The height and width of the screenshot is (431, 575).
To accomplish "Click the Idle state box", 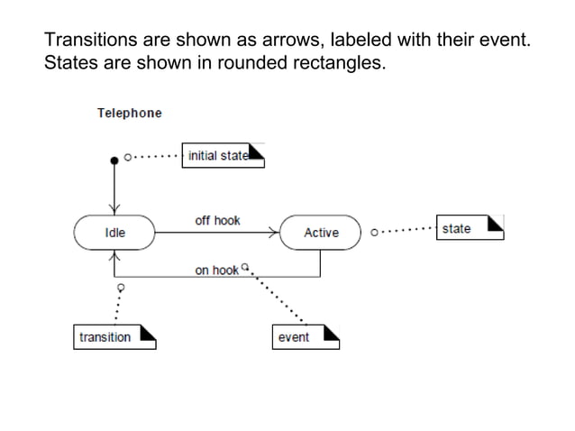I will coord(114,233).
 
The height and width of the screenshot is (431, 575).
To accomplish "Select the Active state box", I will coord(321,233).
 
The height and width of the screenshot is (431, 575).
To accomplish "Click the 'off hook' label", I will coord(217,221).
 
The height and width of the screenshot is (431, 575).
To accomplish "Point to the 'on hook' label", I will coord(217,270).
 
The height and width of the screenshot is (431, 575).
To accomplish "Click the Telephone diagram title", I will coord(130,114).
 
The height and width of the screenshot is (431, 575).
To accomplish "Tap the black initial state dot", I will coord(114,160).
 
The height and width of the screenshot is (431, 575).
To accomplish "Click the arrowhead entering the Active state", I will coord(276,233).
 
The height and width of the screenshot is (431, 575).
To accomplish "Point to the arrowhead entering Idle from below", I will coord(114,255).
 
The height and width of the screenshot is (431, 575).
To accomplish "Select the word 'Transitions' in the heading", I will coord(87,41).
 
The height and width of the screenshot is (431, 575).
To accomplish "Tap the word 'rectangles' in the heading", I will coord(337,64).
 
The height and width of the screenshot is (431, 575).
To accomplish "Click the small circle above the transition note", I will coord(118,287).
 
